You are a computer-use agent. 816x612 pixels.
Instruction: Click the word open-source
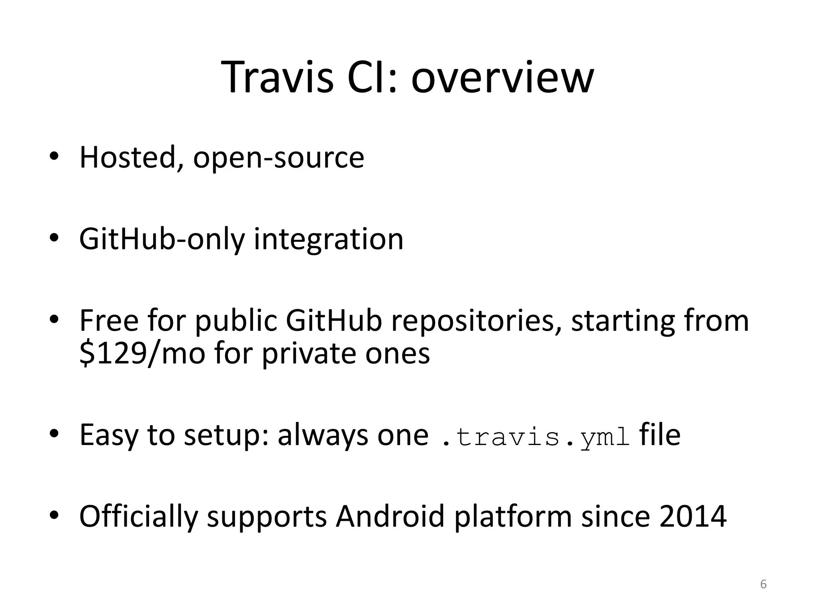click(x=279, y=158)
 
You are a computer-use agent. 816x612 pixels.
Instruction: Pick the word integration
click(x=329, y=239)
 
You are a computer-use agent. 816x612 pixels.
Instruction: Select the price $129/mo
click(x=142, y=354)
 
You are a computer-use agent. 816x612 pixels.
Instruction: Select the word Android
click(x=390, y=516)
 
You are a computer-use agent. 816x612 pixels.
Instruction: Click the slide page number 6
click(x=763, y=584)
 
